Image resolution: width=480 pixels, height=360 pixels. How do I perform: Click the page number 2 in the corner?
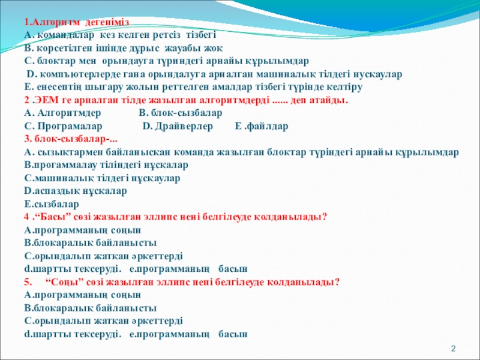[x=454, y=349]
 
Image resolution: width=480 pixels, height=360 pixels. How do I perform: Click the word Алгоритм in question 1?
[x=55, y=22]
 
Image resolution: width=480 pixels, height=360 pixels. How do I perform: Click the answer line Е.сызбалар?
[x=52, y=204]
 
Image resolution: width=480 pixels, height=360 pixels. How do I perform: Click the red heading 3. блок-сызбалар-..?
[x=71, y=139]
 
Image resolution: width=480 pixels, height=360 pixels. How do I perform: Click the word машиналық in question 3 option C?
[x=64, y=178]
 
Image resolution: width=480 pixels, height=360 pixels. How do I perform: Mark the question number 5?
[x=28, y=281]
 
